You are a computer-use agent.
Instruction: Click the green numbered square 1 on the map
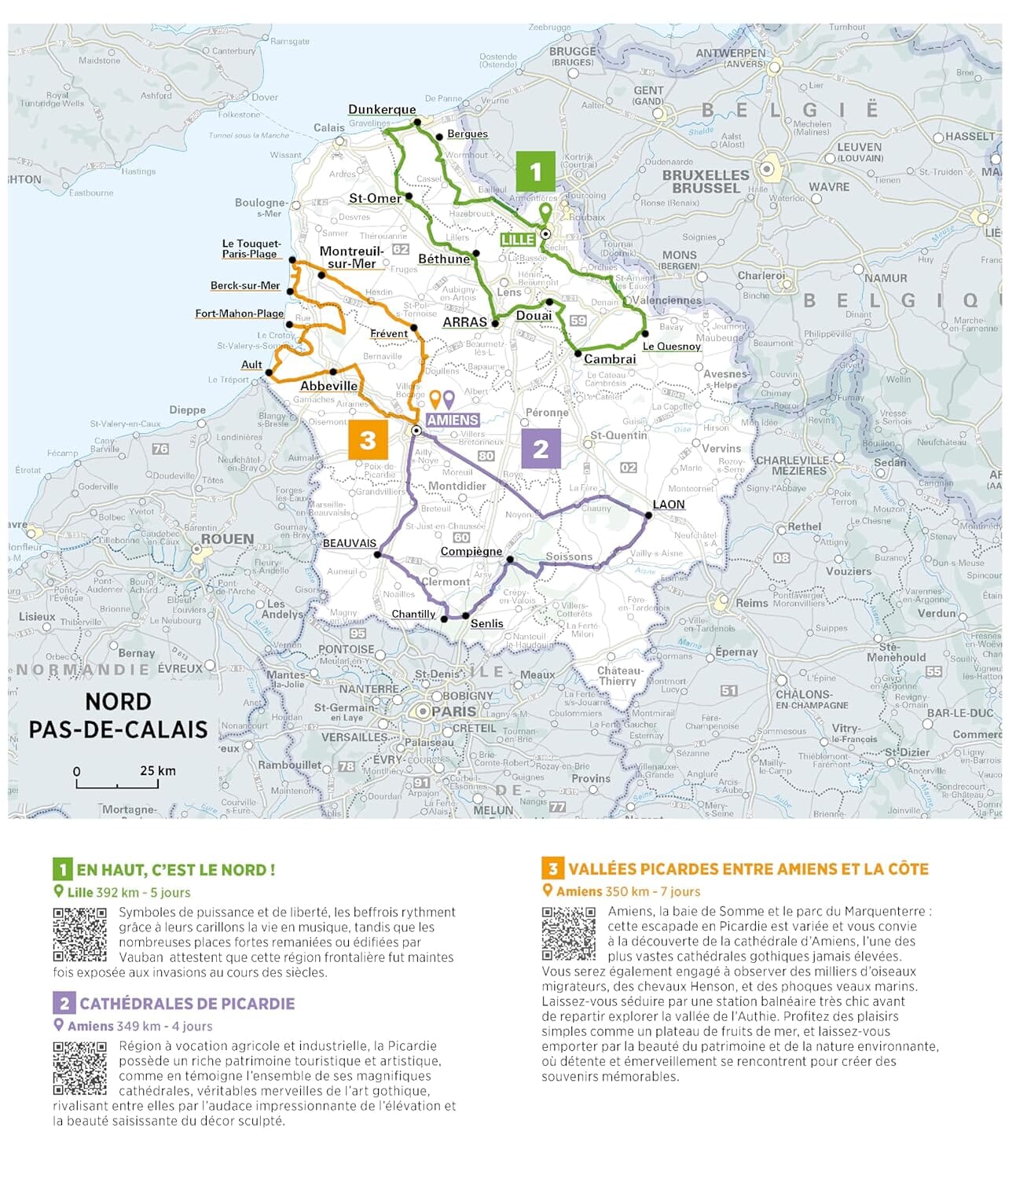(x=536, y=171)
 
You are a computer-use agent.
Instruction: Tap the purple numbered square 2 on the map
(x=541, y=449)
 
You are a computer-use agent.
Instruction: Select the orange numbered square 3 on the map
(x=368, y=440)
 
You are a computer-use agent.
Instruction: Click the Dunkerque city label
(x=382, y=109)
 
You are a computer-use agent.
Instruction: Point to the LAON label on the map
(x=669, y=504)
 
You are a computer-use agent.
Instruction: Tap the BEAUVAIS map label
(x=350, y=543)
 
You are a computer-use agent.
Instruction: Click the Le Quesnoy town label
(x=671, y=346)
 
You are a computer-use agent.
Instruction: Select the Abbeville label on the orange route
(x=328, y=386)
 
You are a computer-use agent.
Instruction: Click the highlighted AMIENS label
(x=453, y=421)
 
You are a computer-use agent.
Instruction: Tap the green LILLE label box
(x=518, y=240)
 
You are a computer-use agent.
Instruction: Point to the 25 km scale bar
(x=117, y=783)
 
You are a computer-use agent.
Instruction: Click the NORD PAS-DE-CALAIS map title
(x=118, y=714)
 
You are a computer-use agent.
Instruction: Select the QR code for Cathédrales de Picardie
(x=79, y=1068)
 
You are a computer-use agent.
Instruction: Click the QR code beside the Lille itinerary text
(x=79, y=934)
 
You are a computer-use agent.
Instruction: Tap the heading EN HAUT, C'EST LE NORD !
(x=175, y=870)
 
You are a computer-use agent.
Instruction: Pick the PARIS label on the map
(x=454, y=711)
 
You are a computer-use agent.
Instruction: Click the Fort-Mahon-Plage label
(x=239, y=314)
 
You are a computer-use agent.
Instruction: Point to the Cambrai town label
(x=610, y=359)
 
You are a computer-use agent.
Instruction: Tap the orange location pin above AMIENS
(x=435, y=399)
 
